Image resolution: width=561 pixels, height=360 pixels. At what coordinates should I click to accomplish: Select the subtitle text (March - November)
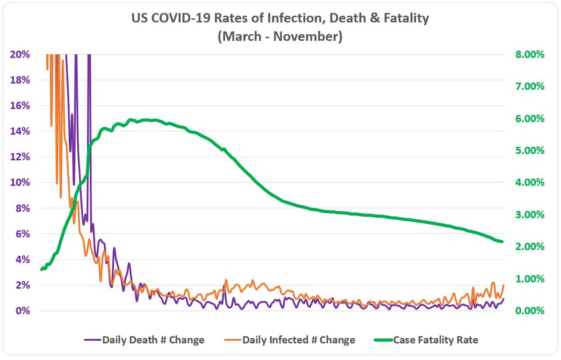280,36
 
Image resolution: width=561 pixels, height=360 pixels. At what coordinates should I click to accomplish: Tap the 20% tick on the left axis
20,54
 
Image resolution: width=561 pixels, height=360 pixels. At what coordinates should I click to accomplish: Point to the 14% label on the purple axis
20,131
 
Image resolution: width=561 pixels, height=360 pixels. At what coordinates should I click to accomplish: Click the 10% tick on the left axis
20,182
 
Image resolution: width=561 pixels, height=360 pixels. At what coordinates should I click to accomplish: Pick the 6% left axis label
23,234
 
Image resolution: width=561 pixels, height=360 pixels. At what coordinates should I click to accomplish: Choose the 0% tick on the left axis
23,311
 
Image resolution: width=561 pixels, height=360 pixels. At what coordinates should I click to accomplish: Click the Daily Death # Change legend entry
153,340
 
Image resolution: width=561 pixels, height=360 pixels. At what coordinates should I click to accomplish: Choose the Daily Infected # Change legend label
298,340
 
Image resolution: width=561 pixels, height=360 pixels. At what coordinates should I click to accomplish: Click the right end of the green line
502,242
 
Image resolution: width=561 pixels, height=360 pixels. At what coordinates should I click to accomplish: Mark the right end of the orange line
503,285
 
